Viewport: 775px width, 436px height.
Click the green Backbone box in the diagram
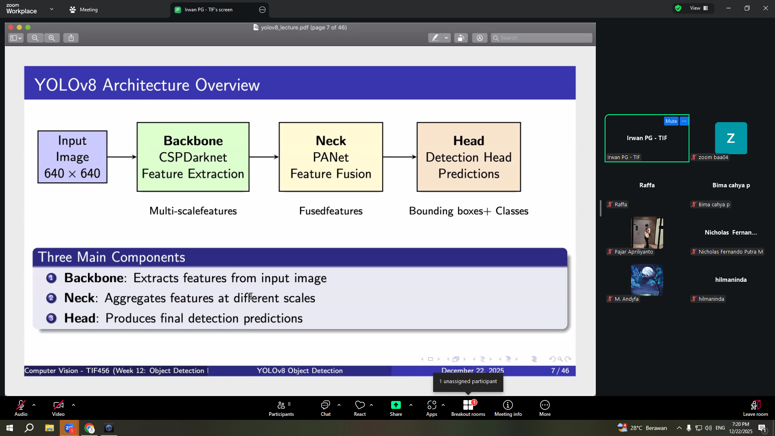point(193,157)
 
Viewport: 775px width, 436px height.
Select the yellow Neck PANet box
point(331,157)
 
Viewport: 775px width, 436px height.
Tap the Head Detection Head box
point(469,157)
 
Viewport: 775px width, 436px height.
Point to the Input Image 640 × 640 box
point(72,157)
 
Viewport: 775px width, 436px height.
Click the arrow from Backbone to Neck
point(264,157)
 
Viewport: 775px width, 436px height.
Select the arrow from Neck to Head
point(400,157)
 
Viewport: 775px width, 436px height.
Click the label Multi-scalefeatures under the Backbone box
point(193,211)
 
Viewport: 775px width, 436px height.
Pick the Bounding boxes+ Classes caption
point(469,211)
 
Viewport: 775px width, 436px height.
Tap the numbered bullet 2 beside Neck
point(51,298)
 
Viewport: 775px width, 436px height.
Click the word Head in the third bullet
point(80,318)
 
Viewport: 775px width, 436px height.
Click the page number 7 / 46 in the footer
point(560,371)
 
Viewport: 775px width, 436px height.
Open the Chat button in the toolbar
point(325,408)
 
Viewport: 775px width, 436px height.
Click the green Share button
point(396,408)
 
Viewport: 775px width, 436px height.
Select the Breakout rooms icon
point(468,405)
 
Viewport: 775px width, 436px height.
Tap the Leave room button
point(755,408)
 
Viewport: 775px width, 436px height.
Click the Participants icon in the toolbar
point(281,405)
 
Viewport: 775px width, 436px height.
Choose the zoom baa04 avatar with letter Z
point(731,138)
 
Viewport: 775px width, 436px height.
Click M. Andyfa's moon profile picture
point(647,280)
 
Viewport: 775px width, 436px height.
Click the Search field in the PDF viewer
point(542,38)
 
